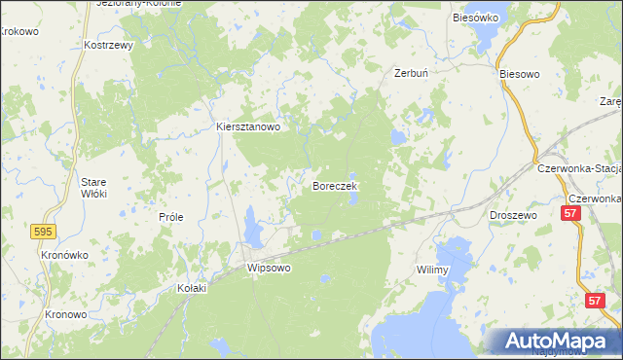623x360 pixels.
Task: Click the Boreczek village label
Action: (336, 185)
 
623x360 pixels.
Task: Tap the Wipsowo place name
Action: (270, 267)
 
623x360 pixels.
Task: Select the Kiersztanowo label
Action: (248, 126)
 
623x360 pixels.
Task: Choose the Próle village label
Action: (171, 218)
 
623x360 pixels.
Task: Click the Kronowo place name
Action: (66, 315)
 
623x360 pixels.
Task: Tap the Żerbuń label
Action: (412, 73)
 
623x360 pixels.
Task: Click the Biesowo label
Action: (519, 74)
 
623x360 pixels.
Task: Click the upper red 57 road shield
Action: (572, 212)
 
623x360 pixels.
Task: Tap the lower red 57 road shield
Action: (595, 302)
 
